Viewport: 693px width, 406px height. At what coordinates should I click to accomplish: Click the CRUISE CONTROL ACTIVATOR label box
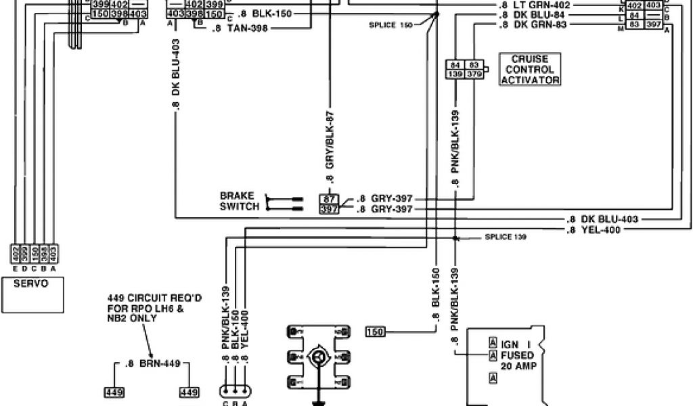(531, 70)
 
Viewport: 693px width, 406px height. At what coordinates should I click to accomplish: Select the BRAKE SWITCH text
(240, 201)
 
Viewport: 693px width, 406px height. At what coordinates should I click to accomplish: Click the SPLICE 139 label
(506, 237)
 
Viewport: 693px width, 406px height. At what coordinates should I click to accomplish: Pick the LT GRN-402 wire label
(535, 5)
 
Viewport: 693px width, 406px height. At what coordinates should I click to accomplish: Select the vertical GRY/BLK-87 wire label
(330, 145)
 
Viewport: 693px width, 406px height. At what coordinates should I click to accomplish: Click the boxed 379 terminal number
(473, 74)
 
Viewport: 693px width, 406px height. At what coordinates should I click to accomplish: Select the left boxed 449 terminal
(112, 392)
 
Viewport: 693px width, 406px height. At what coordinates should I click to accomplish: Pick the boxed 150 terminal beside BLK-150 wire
(374, 331)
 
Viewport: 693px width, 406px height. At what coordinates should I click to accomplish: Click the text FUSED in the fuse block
(518, 355)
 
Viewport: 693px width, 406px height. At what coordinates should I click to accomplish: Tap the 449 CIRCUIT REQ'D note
(143, 307)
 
